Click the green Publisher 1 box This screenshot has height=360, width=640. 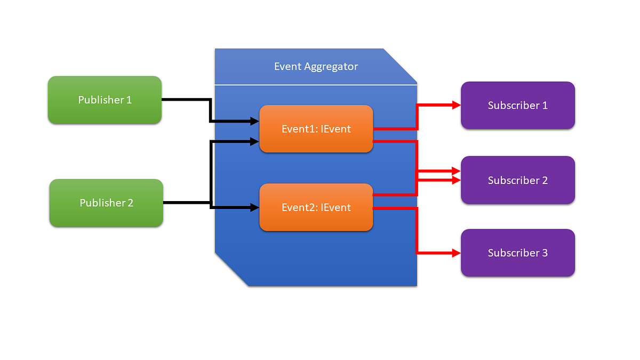(105, 100)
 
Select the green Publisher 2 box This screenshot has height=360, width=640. (106, 203)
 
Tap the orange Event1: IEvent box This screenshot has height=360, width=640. (316, 129)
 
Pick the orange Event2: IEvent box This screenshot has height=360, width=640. (316, 207)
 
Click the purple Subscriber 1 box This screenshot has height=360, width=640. (517, 105)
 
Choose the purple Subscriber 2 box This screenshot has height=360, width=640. (517, 180)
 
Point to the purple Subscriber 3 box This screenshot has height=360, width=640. (517, 253)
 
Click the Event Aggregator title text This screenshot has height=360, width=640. (316, 67)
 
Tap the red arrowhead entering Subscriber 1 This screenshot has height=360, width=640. (456, 105)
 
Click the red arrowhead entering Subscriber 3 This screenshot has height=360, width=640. (456, 253)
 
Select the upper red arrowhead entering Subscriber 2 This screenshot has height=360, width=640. (456, 172)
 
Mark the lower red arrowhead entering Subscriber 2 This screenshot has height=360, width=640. (456, 180)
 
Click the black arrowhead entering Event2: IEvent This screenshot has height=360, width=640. (255, 207)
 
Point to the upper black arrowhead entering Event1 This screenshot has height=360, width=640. (255, 122)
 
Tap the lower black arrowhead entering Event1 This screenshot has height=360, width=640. (255, 141)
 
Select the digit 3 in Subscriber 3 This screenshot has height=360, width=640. (544, 253)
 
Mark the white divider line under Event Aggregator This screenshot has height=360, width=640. (316, 84)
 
